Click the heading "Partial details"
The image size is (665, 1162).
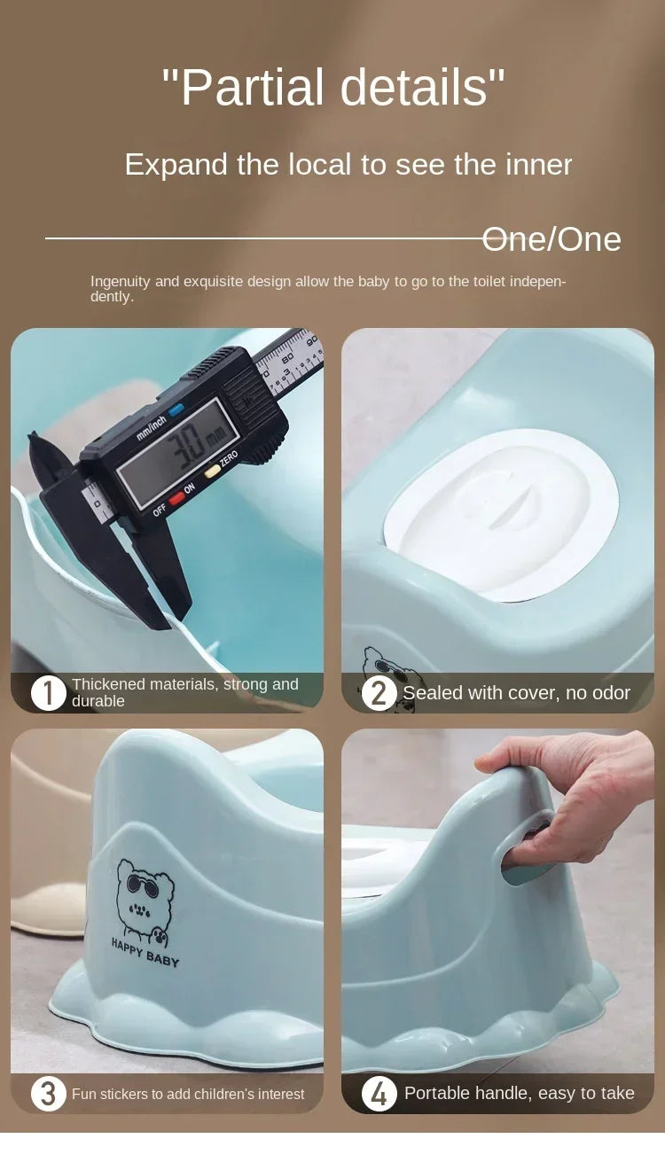click(x=333, y=87)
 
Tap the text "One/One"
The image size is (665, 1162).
click(x=552, y=239)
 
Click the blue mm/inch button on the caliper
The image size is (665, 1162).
click(x=176, y=409)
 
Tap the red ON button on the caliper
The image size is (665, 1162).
click(x=177, y=497)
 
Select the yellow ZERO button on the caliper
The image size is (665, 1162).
click(x=212, y=472)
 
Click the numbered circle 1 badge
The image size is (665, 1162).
click(x=48, y=692)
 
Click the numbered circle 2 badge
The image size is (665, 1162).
click(x=379, y=693)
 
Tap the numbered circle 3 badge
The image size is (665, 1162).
click(x=48, y=1094)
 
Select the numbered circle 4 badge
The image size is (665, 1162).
click(x=379, y=1094)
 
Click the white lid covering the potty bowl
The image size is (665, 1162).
click(x=501, y=514)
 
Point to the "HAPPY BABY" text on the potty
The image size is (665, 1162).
click(x=145, y=952)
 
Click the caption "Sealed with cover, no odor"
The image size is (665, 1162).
click(x=516, y=693)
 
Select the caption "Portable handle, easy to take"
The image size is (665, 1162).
click(x=519, y=1094)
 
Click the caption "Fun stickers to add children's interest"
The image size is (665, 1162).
click(x=188, y=1095)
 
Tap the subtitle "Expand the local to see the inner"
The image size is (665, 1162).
click(x=348, y=165)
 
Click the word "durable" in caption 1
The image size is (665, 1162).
click(x=98, y=701)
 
